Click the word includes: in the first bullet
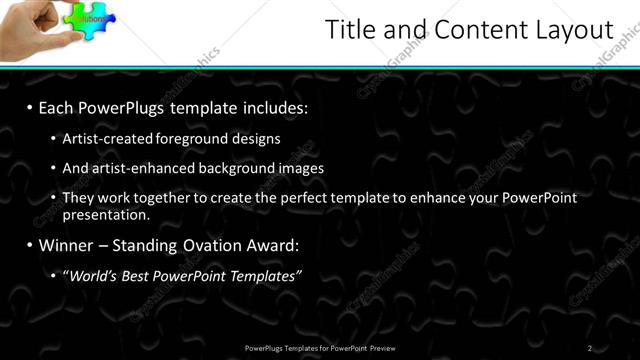tap(271, 106)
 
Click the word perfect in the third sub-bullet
tap(300, 198)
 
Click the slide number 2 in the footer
tap(590, 347)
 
